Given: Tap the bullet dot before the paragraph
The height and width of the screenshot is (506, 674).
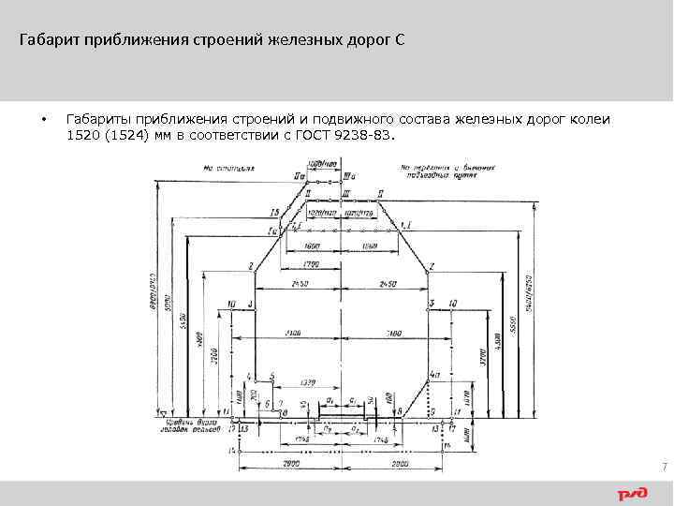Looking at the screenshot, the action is pyautogui.click(x=43, y=120).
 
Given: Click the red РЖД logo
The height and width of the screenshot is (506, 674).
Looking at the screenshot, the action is pyautogui.click(x=633, y=493).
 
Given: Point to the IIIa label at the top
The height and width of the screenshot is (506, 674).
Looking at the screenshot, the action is pyautogui.click(x=349, y=175).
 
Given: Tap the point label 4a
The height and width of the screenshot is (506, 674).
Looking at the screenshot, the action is pyautogui.click(x=434, y=375).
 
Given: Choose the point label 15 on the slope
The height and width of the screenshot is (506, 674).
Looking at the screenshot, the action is pyautogui.click(x=274, y=212).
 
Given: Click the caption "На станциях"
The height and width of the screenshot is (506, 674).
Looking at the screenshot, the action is pyautogui.click(x=227, y=170).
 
